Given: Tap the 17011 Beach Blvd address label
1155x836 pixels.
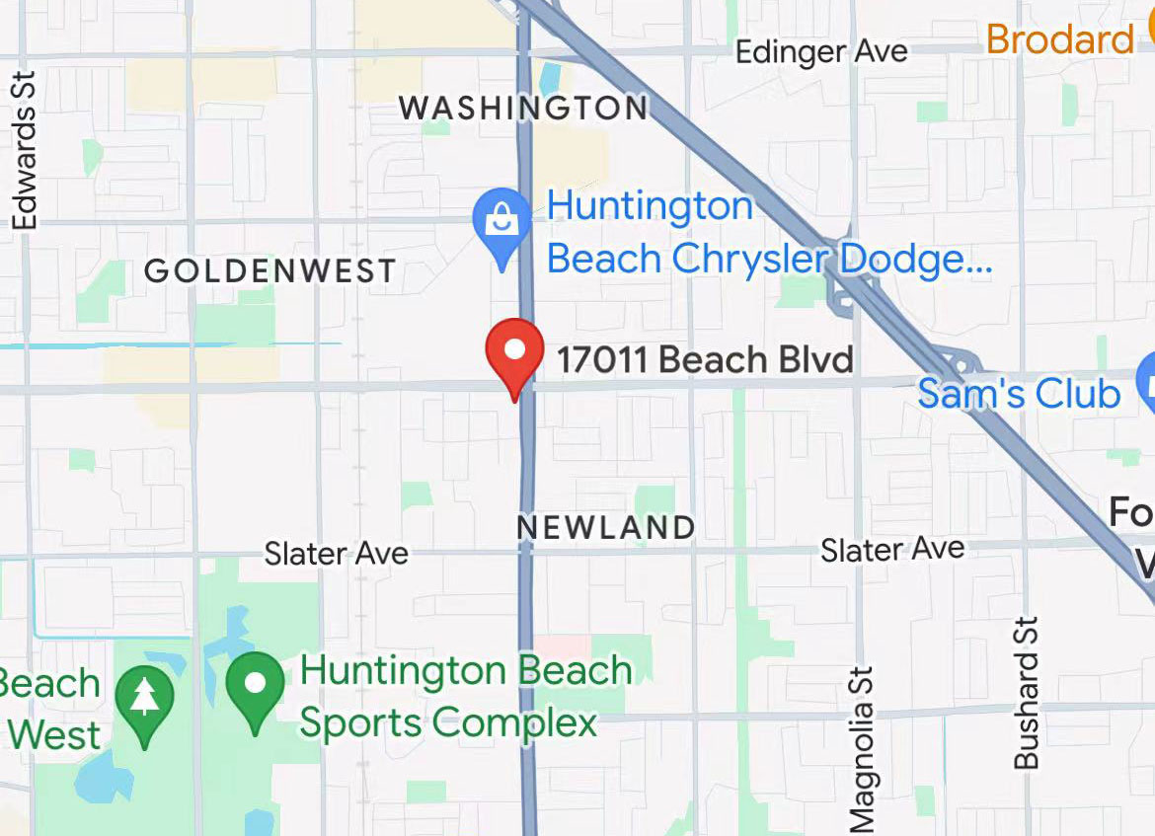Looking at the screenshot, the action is tap(705, 359).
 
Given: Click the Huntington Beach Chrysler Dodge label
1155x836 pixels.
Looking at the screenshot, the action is tap(769, 233).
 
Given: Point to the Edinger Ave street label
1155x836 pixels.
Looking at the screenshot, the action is tap(821, 51).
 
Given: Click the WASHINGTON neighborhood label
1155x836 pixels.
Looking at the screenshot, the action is tap(523, 107).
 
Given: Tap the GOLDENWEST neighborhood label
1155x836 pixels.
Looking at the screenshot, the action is tap(270, 270).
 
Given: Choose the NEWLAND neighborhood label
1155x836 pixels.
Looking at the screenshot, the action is tap(606, 527).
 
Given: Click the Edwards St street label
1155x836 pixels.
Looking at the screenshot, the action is tap(24, 150).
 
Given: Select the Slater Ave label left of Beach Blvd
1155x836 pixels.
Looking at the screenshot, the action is tap(337, 553).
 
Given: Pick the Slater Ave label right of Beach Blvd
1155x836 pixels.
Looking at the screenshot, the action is tap(892, 549).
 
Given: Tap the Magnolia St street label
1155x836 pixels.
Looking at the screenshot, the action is tap(861, 750).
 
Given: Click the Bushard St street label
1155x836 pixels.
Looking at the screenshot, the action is tap(1027, 693).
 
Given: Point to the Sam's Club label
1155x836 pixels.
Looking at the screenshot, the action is tap(1019, 393).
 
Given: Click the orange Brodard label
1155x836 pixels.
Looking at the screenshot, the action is tap(1059, 39).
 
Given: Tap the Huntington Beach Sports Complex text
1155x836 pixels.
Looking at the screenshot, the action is tap(466, 697).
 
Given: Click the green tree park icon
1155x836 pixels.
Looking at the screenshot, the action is tap(145, 698).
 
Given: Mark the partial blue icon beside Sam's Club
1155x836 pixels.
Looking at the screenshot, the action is tap(1147, 383).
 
